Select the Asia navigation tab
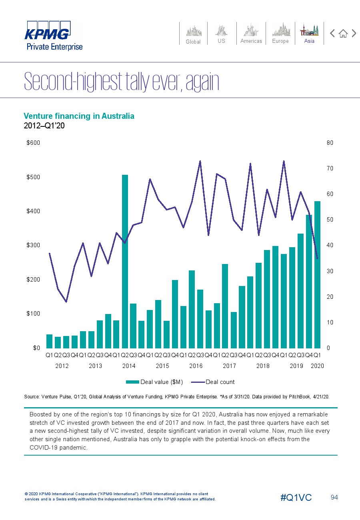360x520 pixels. click(x=309, y=34)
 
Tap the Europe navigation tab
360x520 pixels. click(x=280, y=34)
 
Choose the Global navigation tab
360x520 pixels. click(x=193, y=34)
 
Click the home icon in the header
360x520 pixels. click(x=343, y=34)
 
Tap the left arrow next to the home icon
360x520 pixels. click(x=332, y=33)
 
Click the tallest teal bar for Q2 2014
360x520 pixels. click(x=125, y=261)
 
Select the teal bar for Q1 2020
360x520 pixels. click(x=317, y=275)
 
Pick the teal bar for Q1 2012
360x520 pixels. click(x=50, y=341)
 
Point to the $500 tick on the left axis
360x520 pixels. click(x=33, y=177)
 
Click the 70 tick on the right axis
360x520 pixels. click(x=330, y=168)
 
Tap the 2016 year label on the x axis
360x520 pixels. click(x=196, y=366)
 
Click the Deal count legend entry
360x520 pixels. click(x=213, y=382)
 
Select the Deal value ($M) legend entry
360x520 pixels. click(x=154, y=382)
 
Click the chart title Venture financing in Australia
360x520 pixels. click(x=79, y=116)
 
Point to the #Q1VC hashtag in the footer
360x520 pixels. click(x=296, y=497)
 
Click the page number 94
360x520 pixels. click(x=334, y=497)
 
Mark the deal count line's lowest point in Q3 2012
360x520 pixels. click(x=66, y=302)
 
